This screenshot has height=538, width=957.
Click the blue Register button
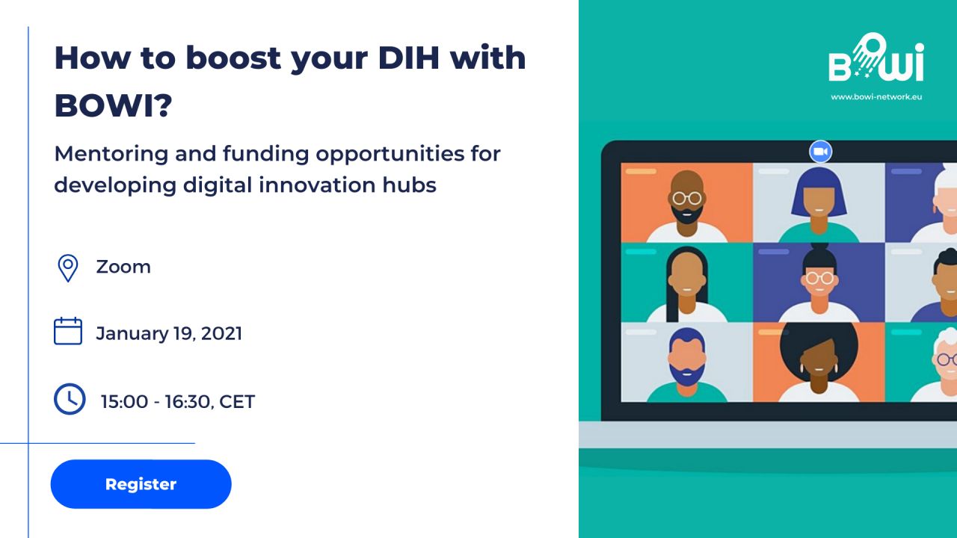[141, 483]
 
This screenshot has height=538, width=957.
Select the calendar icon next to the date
[68, 331]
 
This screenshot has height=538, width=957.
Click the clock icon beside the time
[70, 399]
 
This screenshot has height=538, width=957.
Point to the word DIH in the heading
[409, 58]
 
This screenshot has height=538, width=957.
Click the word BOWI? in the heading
[113, 105]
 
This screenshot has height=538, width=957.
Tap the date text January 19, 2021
[169, 333]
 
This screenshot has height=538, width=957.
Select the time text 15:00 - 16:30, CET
[178, 402]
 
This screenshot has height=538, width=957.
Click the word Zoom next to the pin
[123, 267]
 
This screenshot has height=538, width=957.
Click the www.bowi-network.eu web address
[876, 97]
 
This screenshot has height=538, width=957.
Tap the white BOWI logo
[876, 58]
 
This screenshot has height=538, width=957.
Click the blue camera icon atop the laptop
[820, 152]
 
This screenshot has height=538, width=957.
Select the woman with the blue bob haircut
[819, 205]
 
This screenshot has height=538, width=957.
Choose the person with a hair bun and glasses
[819, 282]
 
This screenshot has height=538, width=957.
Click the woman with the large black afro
[819, 362]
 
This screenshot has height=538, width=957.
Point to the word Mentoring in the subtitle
[111, 154]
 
